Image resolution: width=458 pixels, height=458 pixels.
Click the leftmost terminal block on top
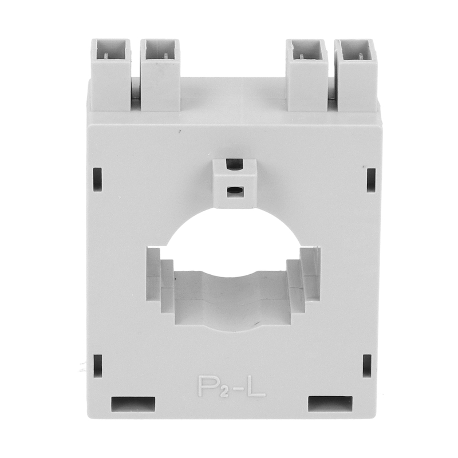[x=110, y=75]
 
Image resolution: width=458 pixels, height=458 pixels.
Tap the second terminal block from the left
[x=160, y=75]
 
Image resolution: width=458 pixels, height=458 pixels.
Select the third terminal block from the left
[x=306, y=75]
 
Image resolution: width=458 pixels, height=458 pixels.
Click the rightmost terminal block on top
[x=356, y=75]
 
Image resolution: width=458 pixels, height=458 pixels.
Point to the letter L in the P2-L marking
[x=256, y=386]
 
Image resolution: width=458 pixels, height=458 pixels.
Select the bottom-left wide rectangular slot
[x=133, y=404]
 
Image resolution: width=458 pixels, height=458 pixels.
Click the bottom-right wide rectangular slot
[x=330, y=404]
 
